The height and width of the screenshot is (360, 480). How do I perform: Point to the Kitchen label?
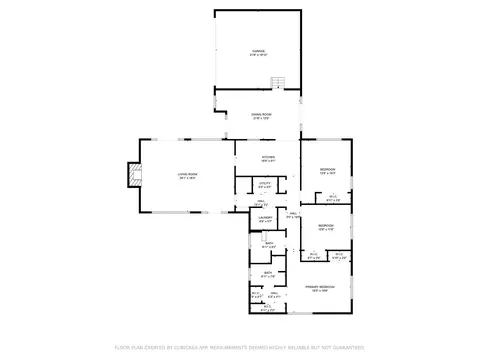point(267,156)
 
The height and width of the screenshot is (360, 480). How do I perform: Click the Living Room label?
point(186,174)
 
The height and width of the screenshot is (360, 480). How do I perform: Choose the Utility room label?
point(265,182)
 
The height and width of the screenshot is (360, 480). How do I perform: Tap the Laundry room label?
point(264,217)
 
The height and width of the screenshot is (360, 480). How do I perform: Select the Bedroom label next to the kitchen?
point(327,169)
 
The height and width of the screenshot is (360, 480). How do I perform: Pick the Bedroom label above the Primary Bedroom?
point(326,225)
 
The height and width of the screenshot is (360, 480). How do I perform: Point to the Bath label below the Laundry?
point(268,243)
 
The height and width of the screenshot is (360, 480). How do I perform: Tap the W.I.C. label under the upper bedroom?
point(334,196)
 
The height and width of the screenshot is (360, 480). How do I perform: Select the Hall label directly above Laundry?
point(260,202)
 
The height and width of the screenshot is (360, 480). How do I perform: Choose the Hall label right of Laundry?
point(294,213)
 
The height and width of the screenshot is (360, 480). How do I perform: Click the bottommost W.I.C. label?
point(265,308)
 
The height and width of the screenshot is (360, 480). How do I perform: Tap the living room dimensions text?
point(186,179)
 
